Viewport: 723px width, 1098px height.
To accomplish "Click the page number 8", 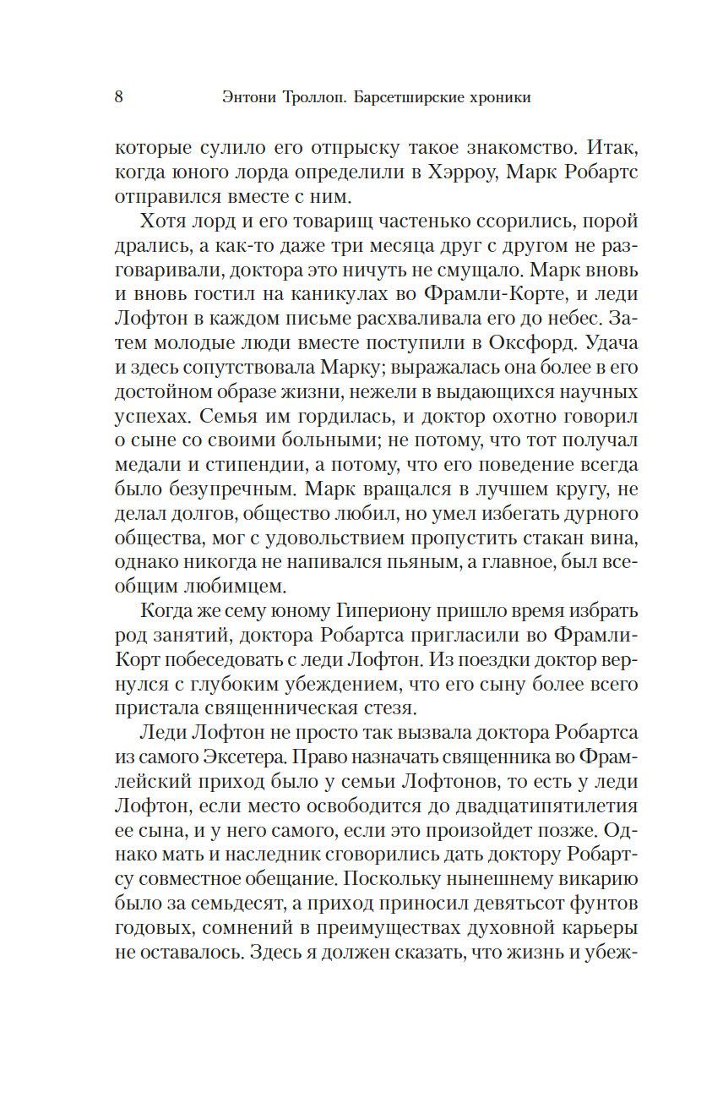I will [x=118, y=96].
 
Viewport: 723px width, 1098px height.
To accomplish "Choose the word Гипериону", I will [x=379, y=611].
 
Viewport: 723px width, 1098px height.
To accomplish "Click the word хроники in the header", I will [x=498, y=97].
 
